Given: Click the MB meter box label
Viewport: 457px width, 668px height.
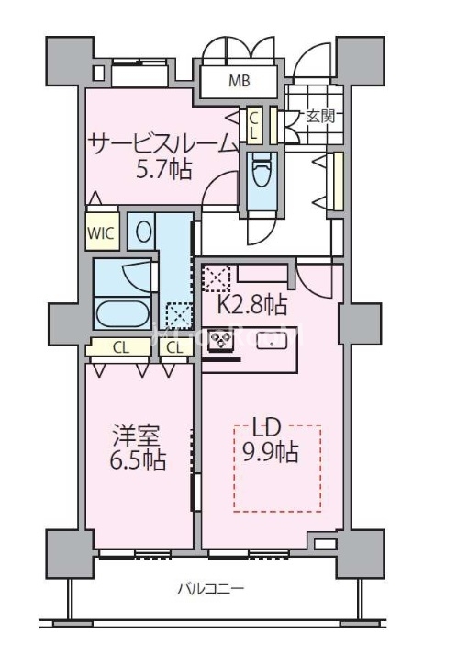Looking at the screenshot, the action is pyautogui.click(x=240, y=81).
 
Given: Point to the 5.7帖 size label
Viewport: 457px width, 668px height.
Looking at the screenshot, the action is pyautogui.click(x=164, y=169).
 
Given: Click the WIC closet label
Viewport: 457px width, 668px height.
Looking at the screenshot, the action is pyautogui.click(x=101, y=233).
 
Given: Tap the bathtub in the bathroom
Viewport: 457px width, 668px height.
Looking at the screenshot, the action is pyautogui.click(x=123, y=315).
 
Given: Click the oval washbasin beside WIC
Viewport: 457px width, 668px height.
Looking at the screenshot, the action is pyautogui.click(x=143, y=231).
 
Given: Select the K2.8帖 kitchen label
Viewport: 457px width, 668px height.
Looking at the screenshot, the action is pyautogui.click(x=252, y=305).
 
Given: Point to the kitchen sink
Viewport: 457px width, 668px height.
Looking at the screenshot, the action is pyautogui.click(x=273, y=341).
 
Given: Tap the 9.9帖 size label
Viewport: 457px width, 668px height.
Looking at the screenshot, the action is pyautogui.click(x=270, y=452).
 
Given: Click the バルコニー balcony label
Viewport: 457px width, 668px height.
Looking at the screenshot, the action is pyautogui.click(x=211, y=589).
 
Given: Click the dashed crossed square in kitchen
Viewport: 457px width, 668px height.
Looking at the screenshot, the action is pyautogui.click(x=217, y=277).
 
